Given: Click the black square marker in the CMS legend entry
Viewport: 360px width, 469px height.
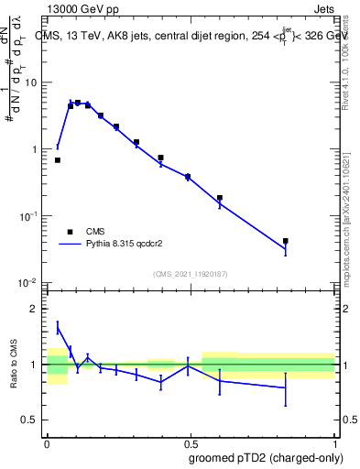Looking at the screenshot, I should pos(69,232).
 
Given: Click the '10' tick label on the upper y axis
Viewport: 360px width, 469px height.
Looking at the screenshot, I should pos(32,82).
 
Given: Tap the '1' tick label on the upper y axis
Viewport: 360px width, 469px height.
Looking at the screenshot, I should pos(35,149).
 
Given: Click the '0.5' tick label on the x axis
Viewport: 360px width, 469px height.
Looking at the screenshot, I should pos(191,442).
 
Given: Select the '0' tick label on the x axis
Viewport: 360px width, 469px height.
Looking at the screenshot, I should pos(47,442).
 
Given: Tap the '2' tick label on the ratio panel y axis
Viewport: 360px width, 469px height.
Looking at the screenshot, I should pos(35,309).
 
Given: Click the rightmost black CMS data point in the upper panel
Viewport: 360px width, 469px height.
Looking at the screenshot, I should pos(286,241).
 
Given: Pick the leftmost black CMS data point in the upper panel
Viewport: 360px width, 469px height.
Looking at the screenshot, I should pos(58,160).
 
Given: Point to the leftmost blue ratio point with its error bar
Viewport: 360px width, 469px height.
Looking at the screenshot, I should pos(58,328).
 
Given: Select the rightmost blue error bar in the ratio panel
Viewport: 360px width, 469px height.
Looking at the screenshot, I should pos(286,388).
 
